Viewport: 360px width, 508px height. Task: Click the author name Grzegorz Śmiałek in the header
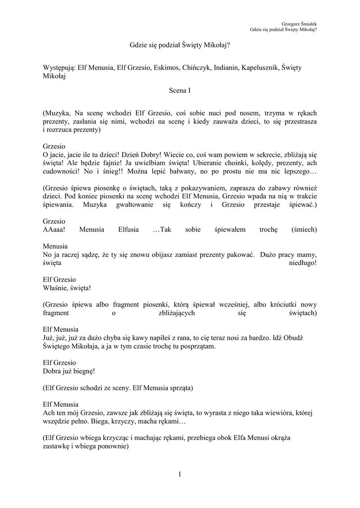(x=299, y=23)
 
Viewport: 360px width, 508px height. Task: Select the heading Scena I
(x=180, y=91)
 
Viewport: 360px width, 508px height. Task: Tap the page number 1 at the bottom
(x=180, y=475)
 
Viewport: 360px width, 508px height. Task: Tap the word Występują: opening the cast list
(x=59, y=67)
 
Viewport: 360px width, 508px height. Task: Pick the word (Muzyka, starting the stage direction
(x=58, y=114)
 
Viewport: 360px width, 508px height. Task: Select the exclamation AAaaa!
(x=54, y=230)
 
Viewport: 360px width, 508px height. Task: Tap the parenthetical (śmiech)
(x=302, y=230)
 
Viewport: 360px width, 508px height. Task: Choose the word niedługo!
(x=303, y=262)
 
